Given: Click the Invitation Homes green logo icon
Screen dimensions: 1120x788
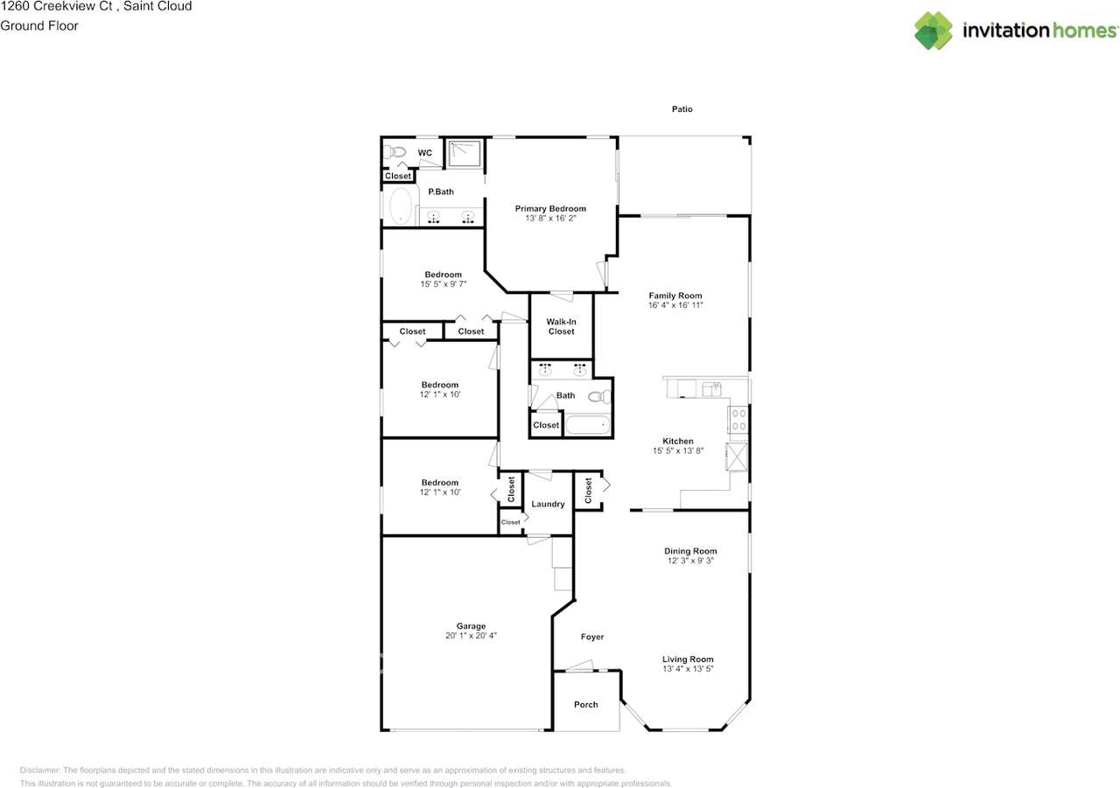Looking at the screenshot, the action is pos(933,31).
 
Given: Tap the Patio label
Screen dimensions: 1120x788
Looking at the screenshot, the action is pos(682,109).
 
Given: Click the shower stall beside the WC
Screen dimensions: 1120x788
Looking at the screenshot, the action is pos(465,153).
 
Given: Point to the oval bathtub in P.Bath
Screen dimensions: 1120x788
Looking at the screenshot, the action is pos(401,206).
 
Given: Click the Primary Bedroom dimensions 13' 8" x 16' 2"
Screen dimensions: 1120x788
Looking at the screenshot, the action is pos(550,219).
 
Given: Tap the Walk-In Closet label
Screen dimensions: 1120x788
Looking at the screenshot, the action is pos(561,327).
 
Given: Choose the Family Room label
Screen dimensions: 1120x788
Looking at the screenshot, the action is pos(675,296).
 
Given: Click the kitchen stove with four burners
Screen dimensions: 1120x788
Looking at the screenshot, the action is pos(738,420).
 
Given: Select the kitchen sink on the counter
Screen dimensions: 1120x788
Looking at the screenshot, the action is pos(711,389).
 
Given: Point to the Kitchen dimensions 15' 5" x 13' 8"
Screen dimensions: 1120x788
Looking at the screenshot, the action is pos(678,450).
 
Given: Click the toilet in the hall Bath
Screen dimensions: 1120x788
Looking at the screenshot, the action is pos(599,397).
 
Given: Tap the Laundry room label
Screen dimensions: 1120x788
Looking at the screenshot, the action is pos(548,504).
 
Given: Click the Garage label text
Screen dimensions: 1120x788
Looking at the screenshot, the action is pos(471,626).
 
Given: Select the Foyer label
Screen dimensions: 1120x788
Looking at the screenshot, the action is pos(592,637).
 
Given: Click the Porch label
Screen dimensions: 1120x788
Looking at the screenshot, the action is pos(586,705).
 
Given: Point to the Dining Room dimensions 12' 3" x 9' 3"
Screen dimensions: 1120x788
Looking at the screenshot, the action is pos(690,561).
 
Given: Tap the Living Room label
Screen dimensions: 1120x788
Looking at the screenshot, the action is pos(688,659).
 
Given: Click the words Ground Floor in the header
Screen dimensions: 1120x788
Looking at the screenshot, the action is pos(39,26).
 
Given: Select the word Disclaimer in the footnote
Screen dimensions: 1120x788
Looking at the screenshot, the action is pos(39,771).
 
